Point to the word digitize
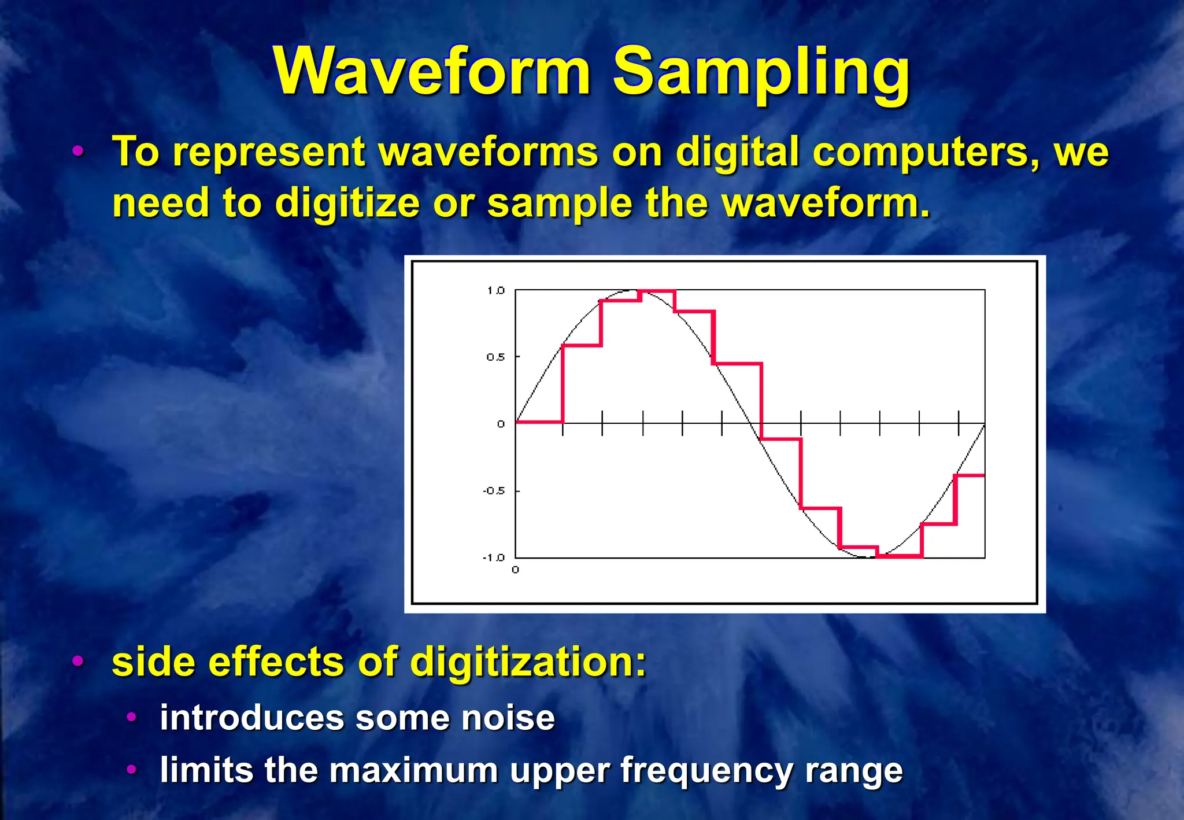tap(347, 204)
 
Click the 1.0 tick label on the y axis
tap(495, 290)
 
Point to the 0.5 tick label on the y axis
tap(495, 357)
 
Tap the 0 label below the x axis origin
tap(515, 570)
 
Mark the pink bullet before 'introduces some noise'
tap(132, 718)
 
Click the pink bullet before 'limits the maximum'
tap(132, 770)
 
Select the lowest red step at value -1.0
tap(900, 556)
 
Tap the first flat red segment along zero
tap(539, 422)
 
